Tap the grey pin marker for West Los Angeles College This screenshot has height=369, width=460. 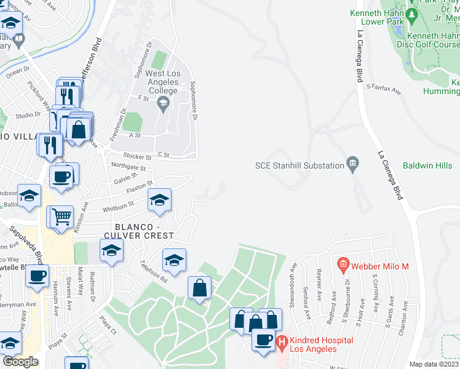pos(163,106)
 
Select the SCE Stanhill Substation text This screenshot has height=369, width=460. pos(299,165)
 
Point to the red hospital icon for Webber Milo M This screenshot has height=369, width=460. pos(343,266)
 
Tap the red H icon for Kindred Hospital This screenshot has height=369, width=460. pos(282,340)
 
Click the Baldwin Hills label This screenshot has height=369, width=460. pos(427,165)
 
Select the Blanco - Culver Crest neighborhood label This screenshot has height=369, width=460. pos(139,230)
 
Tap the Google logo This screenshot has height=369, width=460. pos(20,362)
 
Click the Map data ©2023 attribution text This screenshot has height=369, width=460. pos(434,364)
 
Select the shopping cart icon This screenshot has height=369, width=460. pos(61,217)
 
